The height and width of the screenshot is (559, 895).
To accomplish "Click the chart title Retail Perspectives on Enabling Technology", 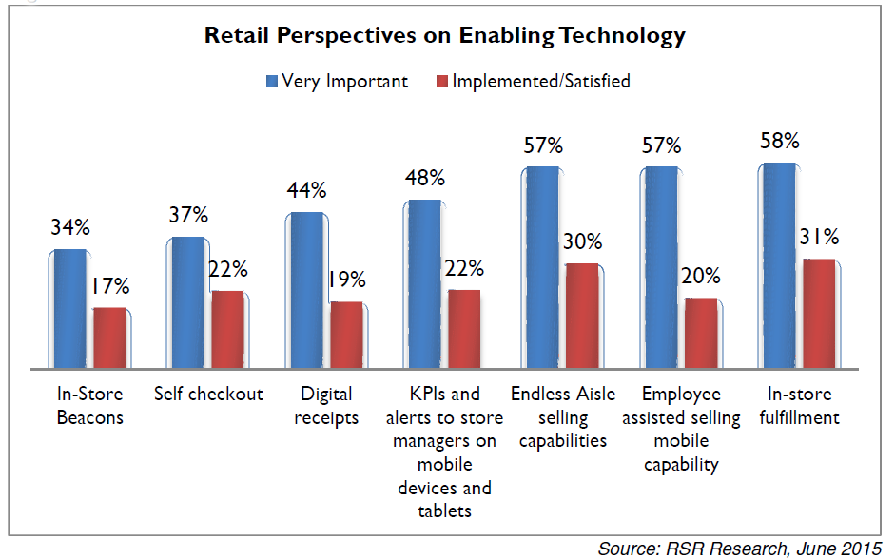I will click(445, 37).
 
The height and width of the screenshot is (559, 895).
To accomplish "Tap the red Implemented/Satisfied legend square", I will click(441, 81).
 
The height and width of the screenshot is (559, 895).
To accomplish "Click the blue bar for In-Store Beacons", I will click(69, 308).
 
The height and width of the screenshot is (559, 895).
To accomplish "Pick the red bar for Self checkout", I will click(227, 329).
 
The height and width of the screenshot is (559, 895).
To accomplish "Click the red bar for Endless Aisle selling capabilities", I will click(582, 316).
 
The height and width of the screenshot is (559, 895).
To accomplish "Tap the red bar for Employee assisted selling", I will click(701, 333).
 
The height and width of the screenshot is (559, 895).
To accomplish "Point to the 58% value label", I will click(780, 141).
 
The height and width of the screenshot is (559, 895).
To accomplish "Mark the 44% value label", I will click(307, 190).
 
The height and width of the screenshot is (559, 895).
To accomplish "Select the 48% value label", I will click(425, 178).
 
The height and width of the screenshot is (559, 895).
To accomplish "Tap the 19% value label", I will click(347, 279).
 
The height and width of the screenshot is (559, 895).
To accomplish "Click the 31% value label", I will click(819, 237).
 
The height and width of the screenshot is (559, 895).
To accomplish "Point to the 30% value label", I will click(582, 241).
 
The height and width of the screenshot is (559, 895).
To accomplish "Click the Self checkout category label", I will click(208, 394).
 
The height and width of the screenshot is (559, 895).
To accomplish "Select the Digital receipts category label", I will click(326, 406).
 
